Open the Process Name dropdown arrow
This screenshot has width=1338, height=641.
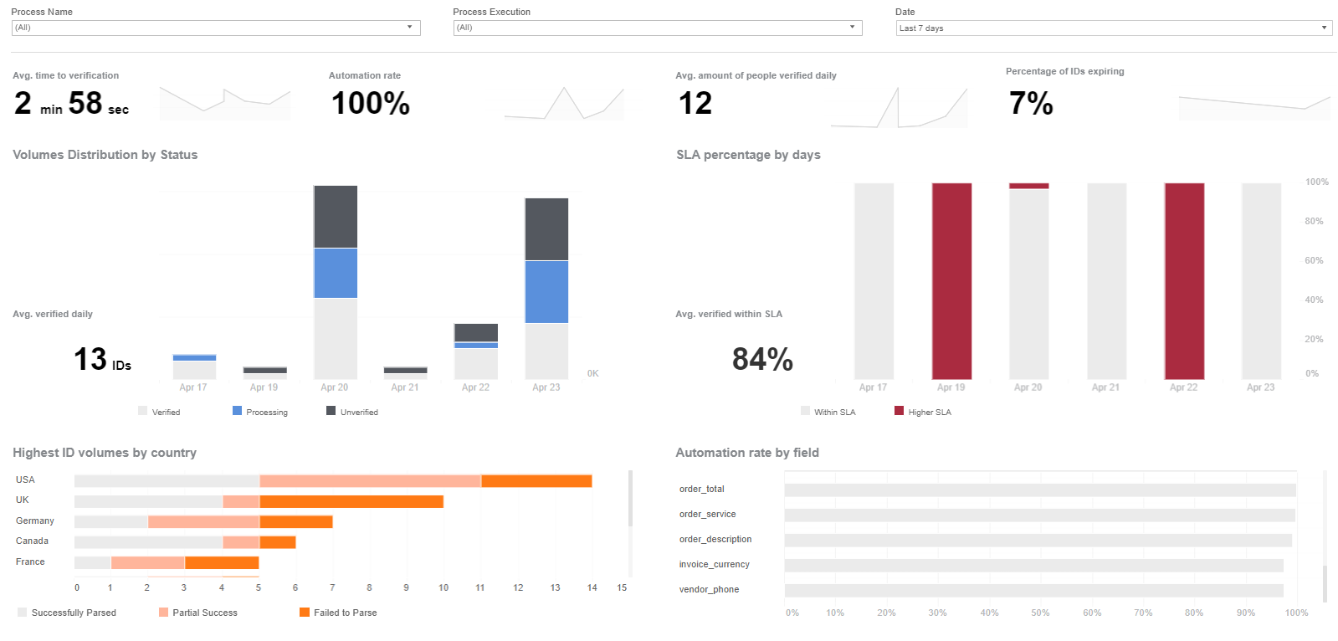[409, 27]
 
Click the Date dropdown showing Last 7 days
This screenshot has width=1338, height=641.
[1114, 28]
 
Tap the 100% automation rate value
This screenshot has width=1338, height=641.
[371, 104]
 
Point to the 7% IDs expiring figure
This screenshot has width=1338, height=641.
[1031, 104]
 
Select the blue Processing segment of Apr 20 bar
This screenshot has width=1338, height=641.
[336, 273]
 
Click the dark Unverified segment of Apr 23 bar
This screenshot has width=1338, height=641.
[546, 229]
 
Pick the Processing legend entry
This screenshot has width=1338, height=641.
[260, 412]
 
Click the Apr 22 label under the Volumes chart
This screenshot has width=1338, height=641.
[475, 387]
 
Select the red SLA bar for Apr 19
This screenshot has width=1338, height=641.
[951, 281]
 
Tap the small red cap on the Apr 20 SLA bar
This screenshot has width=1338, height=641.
[1028, 186]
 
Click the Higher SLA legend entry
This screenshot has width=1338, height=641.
[923, 412]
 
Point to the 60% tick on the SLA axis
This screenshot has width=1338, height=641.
[1314, 260]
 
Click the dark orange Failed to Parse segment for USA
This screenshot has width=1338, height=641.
[536, 481]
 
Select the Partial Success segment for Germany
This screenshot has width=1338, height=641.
[203, 522]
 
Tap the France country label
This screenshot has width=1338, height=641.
[30, 562]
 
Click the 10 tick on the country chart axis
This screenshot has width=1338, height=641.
[443, 587]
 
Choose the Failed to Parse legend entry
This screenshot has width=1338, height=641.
[338, 613]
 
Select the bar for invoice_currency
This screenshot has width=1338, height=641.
[1034, 565]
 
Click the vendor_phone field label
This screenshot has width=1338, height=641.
[709, 590]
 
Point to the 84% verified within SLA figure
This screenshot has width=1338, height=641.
[763, 359]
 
